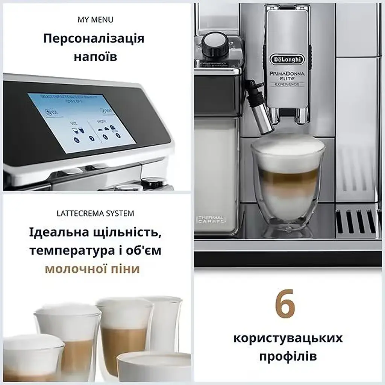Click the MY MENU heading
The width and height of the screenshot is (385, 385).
point(95,20)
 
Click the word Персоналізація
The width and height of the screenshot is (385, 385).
point(94,39)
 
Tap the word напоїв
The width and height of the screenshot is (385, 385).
point(95,57)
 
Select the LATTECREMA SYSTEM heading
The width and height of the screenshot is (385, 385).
point(95,214)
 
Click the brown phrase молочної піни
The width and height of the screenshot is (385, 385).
point(92,269)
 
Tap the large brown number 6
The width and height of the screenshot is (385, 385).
point(285,305)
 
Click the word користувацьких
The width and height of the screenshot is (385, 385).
point(288,338)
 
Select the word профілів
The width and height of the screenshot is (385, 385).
point(288,356)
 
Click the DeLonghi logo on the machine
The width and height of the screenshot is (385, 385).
point(287,59)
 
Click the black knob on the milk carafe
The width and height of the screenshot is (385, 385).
point(214,44)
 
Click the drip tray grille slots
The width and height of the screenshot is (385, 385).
point(357,221)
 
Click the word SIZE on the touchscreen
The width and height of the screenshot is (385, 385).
point(74,123)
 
